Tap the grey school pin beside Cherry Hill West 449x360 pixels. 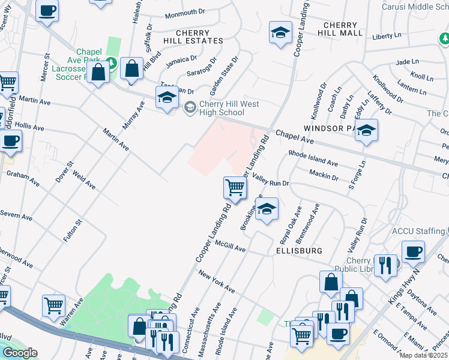click(190, 108)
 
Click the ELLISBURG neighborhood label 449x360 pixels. click(300, 250)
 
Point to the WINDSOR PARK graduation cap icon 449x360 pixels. click(365, 131)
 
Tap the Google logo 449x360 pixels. click(19, 353)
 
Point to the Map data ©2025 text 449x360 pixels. click(423, 355)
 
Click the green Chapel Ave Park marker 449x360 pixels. click(110, 62)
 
